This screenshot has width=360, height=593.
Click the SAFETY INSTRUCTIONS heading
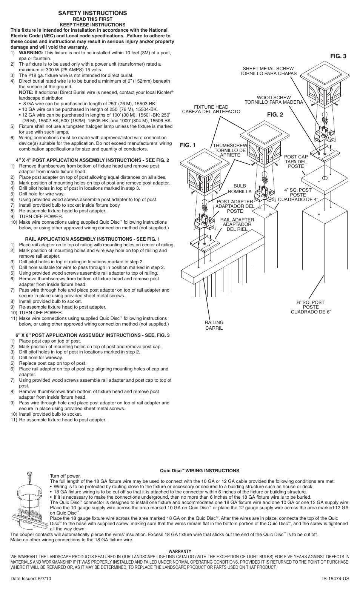point(92,13)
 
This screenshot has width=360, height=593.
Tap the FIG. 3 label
point(338,56)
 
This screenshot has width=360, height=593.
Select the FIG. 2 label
point(275,115)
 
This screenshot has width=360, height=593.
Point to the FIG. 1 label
point(188,145)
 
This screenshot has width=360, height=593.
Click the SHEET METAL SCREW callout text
point(268,71)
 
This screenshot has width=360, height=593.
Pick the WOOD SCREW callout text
point(274,100)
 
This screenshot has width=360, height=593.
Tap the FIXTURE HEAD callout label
point(211,109)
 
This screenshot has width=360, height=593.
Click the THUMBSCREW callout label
point(230,150)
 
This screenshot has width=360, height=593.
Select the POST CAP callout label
point(296,161)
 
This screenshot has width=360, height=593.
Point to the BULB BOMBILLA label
point(240,189)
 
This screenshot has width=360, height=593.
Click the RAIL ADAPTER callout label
point(237,224)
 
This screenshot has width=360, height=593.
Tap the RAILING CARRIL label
point(214,325)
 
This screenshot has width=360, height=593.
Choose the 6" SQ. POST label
point(311,307)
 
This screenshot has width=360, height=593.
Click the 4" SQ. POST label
point(298,195)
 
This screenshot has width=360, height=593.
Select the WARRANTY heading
point(180,551)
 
